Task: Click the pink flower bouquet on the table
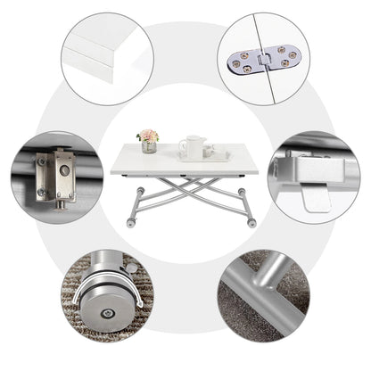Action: click(147, 136)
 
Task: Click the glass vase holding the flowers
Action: click(149, 147)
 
